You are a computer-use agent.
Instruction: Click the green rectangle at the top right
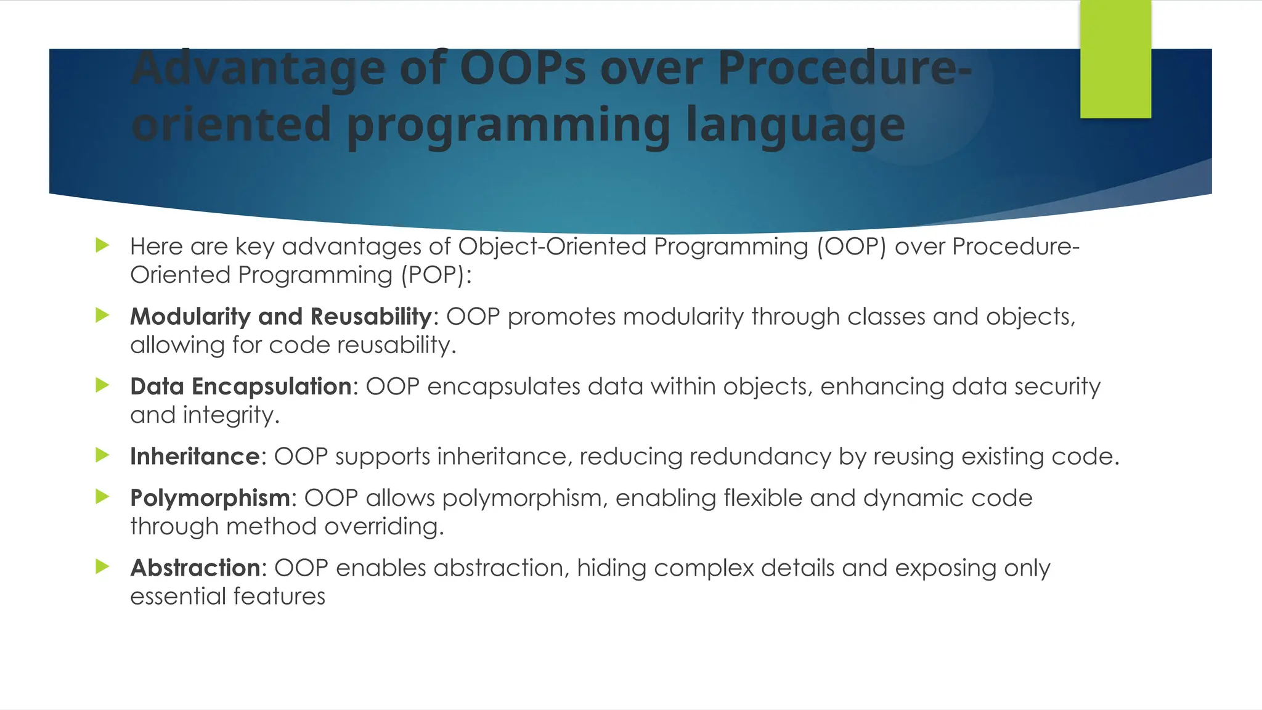pyautogui.click(x=1115, y=59)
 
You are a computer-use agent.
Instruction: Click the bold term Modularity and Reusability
pyautogui.click(x=281, y=317)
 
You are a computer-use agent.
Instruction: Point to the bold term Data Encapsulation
pyautogui.click(x=241, y=386)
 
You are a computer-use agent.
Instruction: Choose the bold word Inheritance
pyautogui.click(x=195, y=457)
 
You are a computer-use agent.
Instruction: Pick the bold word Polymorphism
pyautogui.click(x=210, y=498)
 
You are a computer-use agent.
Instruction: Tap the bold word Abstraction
pyautogui.click(x=195, y=568)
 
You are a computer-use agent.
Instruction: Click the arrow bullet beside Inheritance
pyautogui.click(x=102, y=455)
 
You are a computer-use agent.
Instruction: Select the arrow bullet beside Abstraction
pyautogui.click(x=102, y=566)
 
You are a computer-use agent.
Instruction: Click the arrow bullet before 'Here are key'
pyautogui.click(x=102, y=245)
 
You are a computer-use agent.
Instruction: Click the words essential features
pyautogui.click(x=227, y=597)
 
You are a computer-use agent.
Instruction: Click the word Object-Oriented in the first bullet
pyautogui.click(x=552, y=247)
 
